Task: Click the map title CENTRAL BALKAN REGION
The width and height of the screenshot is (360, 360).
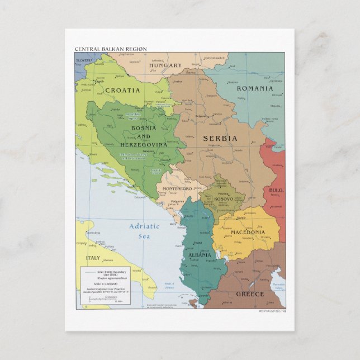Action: point(111,49)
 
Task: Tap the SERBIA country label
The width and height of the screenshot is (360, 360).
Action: point(220,138)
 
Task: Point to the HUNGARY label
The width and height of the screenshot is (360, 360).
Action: point(165,65)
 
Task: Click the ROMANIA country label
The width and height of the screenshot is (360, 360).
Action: point(255,88)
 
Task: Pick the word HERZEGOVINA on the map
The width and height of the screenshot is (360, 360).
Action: point(143,145)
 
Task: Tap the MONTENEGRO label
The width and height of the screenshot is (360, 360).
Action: point(177,189)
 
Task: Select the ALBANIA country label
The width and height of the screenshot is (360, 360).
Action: point(200,255)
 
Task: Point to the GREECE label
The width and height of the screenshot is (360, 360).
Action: point(250,293)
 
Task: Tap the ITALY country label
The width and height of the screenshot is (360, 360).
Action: point(93,258)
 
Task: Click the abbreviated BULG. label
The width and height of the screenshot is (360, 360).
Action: point(276,191)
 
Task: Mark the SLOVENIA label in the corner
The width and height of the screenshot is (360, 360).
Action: point(84,60)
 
